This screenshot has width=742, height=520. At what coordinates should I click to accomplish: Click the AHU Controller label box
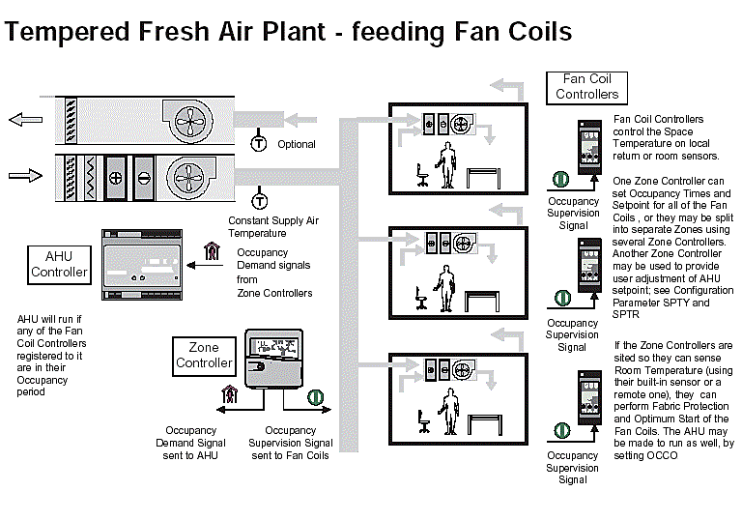(60, 264)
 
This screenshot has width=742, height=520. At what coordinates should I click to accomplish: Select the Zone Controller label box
(204, 356)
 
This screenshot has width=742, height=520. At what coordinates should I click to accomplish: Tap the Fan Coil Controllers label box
(586, 87)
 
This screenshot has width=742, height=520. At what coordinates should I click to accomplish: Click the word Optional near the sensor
(296, 145)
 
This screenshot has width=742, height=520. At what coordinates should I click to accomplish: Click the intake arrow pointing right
(20, 176)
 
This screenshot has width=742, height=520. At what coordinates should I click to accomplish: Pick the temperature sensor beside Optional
(259, 143)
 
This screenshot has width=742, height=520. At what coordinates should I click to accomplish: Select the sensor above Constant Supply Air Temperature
(259, 201)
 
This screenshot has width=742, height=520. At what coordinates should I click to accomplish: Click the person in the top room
(445, 164)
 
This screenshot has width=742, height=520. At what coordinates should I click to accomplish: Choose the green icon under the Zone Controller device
(314, 396)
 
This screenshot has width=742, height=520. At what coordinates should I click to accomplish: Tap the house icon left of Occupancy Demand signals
(213, 254)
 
